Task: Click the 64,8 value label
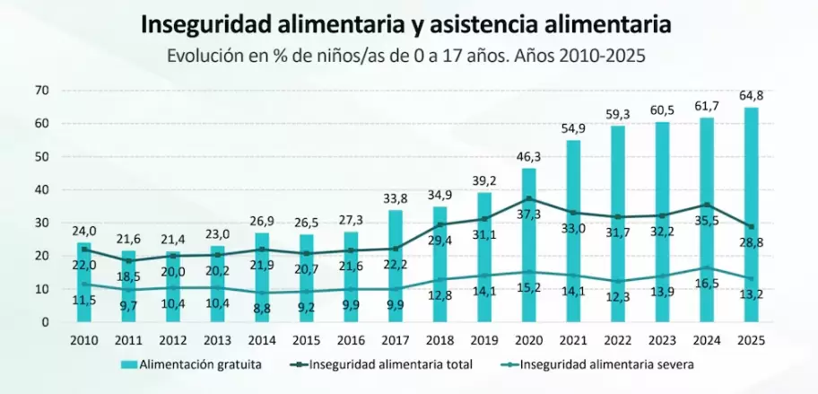coord(751,96)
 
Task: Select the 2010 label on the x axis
coord(84,341)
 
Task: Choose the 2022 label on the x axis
coord(617,341)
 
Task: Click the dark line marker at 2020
coord(529,198)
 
